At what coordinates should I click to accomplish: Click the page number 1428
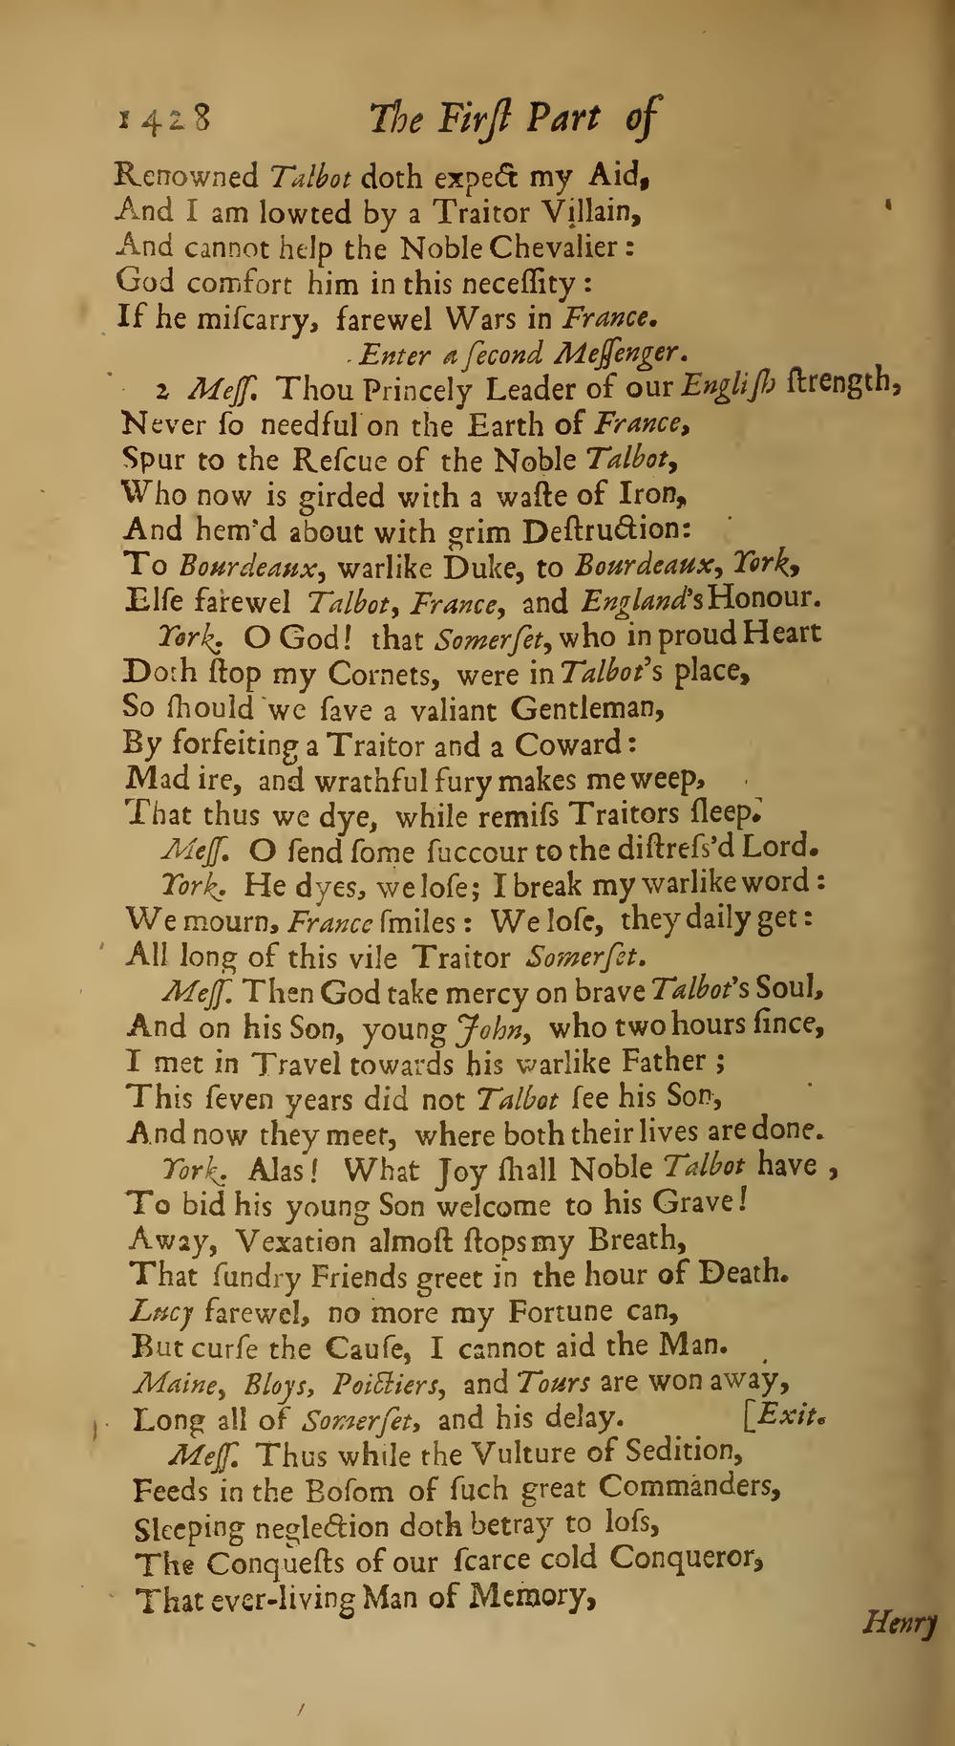tap(163, 121)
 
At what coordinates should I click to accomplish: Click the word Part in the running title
tap(563, 119)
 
